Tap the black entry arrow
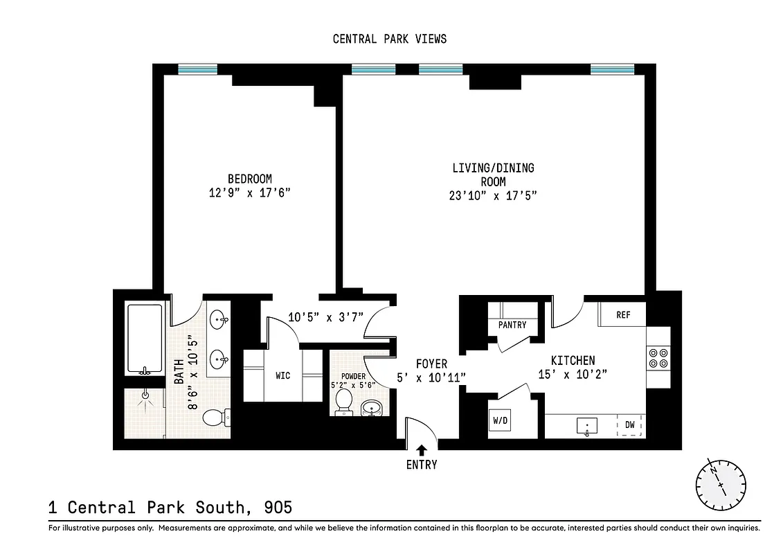tap(422, 449)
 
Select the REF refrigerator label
tap(623, 314)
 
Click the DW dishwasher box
tap(630, 425)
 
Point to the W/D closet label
tap(500, 420)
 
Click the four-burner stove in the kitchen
tap(656, 357)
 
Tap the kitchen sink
tap(587, 426)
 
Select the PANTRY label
tap(512, 325)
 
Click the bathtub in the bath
tap(144, 339)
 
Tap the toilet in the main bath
tap(216, 417)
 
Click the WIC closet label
tap(282, 375)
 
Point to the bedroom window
tap(197, 69)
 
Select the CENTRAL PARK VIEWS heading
tap(390, 39)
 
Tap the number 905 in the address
tap(278, 507)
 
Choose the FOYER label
tap(431, 364)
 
